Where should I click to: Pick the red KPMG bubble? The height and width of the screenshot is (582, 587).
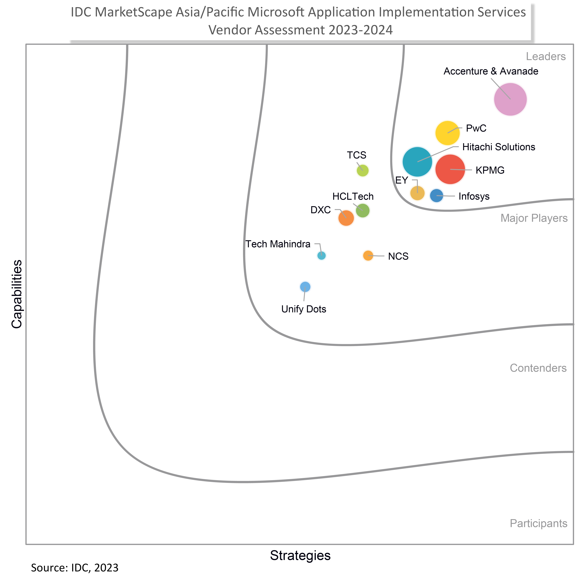click(x=450, y=169)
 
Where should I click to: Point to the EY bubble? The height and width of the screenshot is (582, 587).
click(x=417, y=193)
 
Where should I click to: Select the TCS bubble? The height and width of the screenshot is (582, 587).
click(x=363, y=171)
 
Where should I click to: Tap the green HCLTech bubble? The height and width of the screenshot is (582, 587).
click(x=363, y=210)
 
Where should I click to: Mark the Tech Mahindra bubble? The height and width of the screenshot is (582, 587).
click(x=322, y=256)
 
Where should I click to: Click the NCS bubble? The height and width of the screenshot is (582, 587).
click(x=368, y=256)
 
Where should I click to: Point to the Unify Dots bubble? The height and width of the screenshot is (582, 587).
click(x=305, y=287)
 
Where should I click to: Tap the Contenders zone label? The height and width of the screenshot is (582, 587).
click(x=538, y=368)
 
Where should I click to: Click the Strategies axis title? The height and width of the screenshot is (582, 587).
click(x=300, y=555)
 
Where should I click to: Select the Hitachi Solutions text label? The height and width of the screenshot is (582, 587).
click(x=499, y=147)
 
